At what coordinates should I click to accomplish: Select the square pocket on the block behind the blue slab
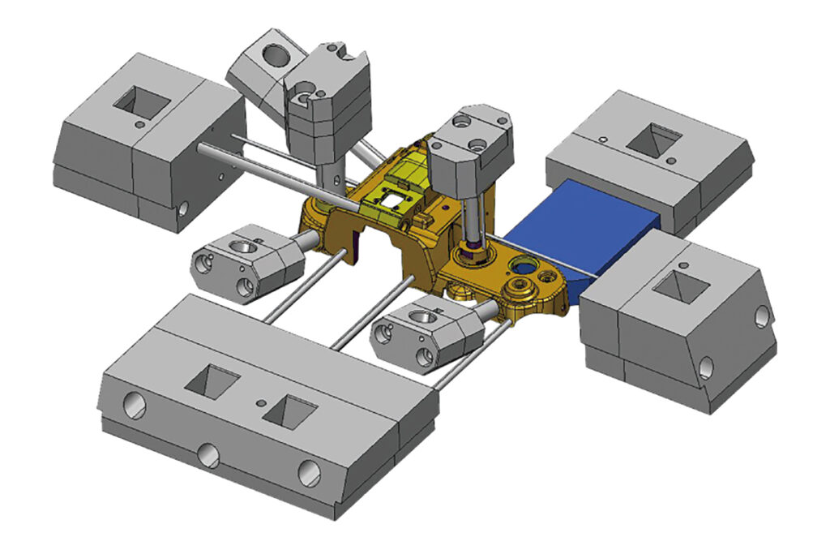654,140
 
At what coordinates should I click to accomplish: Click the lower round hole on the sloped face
705,368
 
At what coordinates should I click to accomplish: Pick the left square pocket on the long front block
212,379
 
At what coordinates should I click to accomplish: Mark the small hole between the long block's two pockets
259,402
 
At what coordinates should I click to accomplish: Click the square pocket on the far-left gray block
142,102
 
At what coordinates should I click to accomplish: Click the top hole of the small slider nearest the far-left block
242,244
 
